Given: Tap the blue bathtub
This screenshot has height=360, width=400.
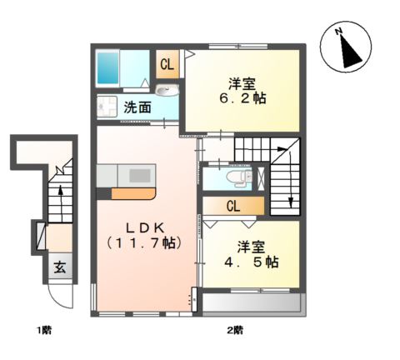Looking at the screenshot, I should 109,65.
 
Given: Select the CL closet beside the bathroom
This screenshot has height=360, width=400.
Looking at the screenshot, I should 167,63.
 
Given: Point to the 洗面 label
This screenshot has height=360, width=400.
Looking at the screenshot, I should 137,107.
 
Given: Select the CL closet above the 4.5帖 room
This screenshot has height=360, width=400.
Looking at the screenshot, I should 233,206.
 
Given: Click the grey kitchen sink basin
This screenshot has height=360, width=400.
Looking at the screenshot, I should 139,175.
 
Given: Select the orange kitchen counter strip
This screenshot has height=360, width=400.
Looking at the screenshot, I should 134,192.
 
